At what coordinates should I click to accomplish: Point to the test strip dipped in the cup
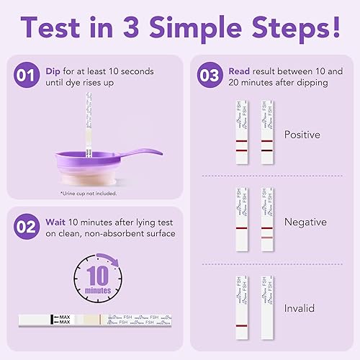89,126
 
